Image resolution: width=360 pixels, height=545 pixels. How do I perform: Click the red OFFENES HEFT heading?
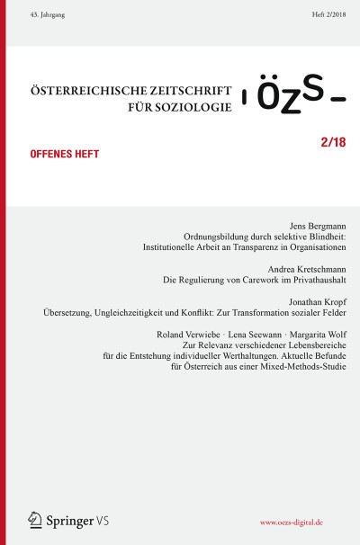58,154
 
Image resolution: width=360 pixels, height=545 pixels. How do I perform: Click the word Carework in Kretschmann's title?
243,281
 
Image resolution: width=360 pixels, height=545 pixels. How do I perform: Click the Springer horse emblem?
35,519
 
